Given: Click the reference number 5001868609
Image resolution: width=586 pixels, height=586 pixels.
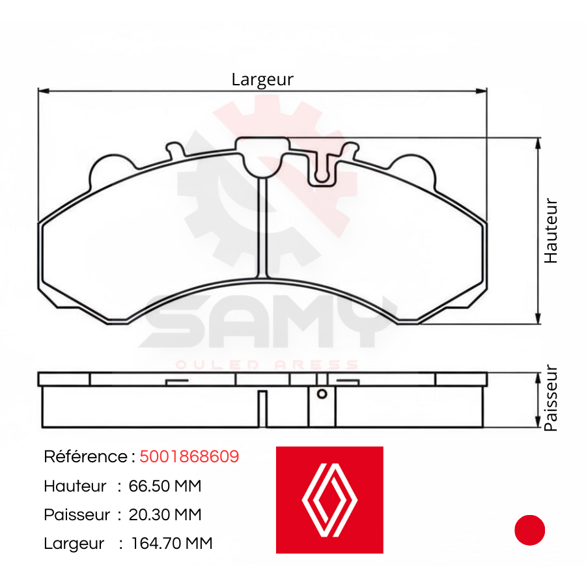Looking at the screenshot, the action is point(189,456).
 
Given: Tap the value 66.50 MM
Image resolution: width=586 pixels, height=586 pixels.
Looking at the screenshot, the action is point(165,486).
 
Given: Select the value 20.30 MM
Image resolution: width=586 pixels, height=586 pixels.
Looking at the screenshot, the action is point(165,514).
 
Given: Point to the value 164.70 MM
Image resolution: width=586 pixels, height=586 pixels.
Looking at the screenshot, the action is point(171,543).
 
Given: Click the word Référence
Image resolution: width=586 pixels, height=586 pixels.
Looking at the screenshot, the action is point(85,456).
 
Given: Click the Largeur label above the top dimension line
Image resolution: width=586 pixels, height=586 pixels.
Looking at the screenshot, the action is point(262,79).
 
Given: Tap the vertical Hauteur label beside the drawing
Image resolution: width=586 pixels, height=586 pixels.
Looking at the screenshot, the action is point(551,230).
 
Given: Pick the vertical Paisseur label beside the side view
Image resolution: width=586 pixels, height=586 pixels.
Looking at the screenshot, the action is point(551,398).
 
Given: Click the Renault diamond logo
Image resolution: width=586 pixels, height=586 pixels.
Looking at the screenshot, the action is point(329,500).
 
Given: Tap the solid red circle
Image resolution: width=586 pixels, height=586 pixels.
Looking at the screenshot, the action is point(529,530).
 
